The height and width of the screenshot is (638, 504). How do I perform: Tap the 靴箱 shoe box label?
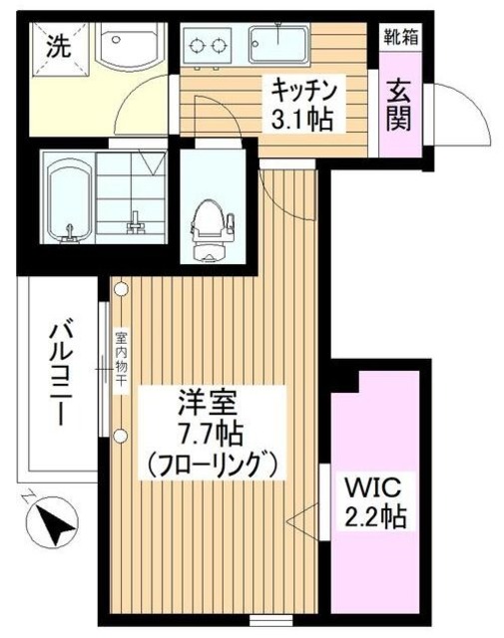point(397,38)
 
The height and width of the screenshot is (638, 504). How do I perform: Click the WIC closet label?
point(374,488)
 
